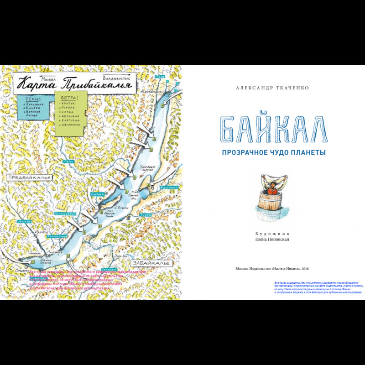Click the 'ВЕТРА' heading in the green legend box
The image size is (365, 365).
click(68, 97)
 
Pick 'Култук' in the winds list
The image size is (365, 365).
click(69, 104)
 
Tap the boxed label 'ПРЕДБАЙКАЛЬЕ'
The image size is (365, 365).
click(29, 177)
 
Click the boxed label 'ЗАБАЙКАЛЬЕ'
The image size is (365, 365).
click(151, 264)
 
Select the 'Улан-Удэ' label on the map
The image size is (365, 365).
click(120, 256)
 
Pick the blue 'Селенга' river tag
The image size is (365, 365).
click(106, 269)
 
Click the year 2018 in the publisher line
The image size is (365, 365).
click(305, 268)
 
